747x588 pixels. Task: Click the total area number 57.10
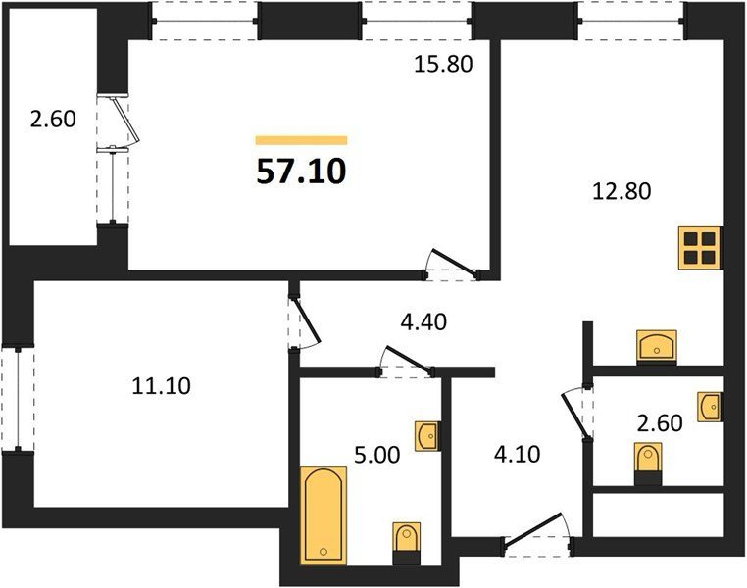click(301, 171)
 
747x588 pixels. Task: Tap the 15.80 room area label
click(443, 64)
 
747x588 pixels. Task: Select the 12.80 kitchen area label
click(622, 191)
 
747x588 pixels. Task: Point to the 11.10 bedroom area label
click(161, 386)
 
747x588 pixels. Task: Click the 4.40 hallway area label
click(423, 321)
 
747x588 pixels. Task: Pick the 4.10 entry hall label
click(517, 454)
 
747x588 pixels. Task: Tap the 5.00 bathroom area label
click(376, 455)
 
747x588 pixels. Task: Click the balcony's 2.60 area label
click(53, 119)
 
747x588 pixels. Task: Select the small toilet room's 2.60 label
click(660, 422)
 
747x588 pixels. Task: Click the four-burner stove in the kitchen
click(700, 248)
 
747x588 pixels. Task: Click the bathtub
click(324, 515)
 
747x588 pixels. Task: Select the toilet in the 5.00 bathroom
click(407, 543)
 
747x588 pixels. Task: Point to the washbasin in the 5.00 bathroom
click(426, 436)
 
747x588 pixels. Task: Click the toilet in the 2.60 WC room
click(648, 464)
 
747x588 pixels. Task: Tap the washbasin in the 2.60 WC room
click(710, 407)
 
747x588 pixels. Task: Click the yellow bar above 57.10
click(301, 140)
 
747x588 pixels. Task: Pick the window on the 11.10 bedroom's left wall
click(18, 399)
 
